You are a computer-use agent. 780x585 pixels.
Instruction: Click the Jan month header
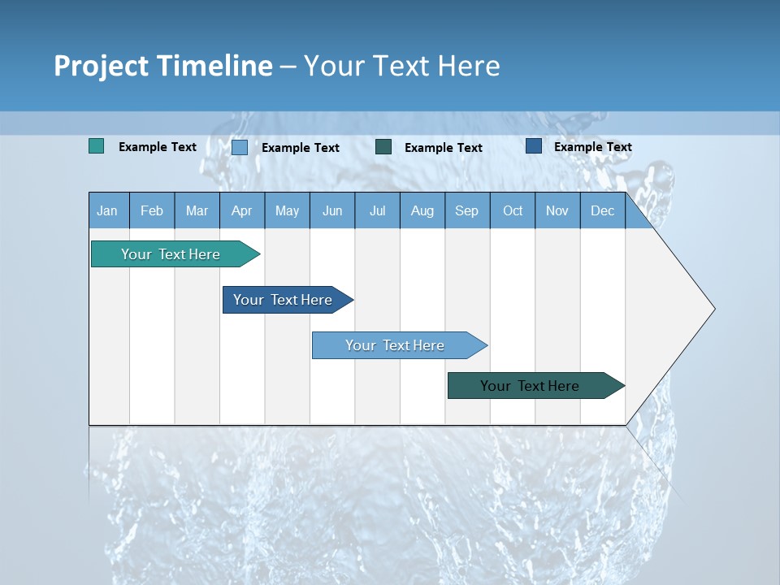click(107, 210)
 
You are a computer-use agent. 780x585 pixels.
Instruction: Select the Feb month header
click(152, 210)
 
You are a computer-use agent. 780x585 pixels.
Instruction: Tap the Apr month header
click(242, 210)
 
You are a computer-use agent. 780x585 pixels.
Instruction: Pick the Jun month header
click(332, 210)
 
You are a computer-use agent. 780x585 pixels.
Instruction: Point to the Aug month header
click(422, 210)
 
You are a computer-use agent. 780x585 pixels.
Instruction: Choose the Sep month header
click(467, 210)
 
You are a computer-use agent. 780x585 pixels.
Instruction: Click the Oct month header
click(513, 210)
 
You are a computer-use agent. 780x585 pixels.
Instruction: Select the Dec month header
click(603, 210)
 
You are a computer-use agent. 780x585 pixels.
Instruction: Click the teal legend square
click(97, 146)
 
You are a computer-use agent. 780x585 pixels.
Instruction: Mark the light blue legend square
click(240, 147)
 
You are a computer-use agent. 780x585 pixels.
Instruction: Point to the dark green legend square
click(383, 146)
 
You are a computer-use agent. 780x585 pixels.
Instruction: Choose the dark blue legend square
click(534, 145)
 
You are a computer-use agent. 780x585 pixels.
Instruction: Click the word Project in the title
click(102, 66)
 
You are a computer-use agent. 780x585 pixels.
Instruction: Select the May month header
click(287, 210)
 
